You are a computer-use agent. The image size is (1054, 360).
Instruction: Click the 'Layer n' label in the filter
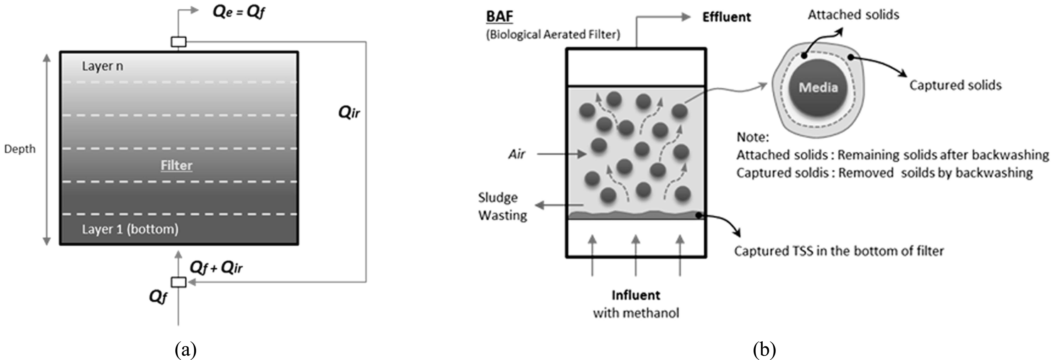[x=102, y=66]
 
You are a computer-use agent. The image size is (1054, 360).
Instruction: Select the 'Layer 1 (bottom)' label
[x=130, y=229]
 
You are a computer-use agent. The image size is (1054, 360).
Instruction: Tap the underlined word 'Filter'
[x=176, y=165]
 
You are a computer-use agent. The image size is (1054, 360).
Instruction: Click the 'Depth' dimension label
[x=20, y=149]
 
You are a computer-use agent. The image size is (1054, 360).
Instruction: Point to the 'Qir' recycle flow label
[x=349, y=112]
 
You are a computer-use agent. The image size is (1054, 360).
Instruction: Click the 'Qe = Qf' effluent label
[x=239, y=12]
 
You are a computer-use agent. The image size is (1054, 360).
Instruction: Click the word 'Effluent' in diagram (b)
[x=726, y=17]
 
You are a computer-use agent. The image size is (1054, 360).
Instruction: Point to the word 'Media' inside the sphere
[x=818, y=87]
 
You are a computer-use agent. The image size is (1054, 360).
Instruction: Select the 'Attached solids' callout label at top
[x=853, y=15]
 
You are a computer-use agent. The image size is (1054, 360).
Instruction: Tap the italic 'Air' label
[x=516, y=154]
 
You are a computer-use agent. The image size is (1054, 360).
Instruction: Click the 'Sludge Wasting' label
[x=502, y=206]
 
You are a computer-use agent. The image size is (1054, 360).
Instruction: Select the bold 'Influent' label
[x=635, y=295]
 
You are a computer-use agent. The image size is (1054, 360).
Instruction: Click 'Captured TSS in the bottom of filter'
[x=839, y=251]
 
